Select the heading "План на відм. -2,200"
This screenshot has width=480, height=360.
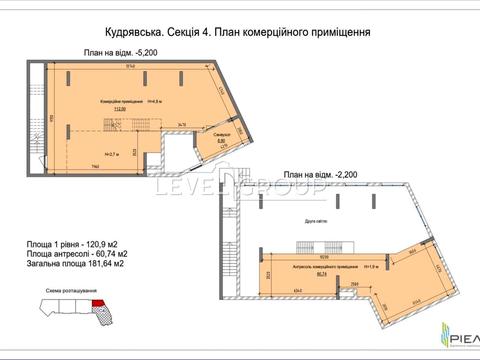319,172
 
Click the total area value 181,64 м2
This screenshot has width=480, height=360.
105,264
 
